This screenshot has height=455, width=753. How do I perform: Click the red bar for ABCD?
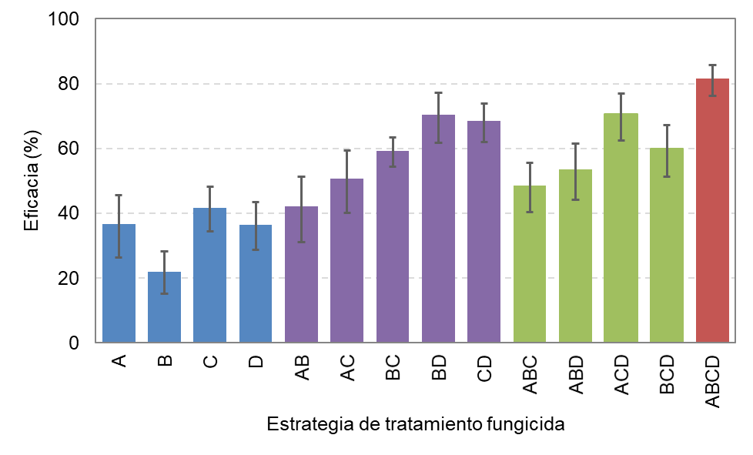(x=712, y=210)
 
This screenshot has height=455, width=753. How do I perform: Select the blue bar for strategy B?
(x=164, y=307)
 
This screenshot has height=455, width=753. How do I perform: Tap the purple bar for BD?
(x=438, y=229)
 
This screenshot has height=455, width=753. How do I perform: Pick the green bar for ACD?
(x=621, y=228)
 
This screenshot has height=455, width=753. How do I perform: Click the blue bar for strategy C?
(x=210, y=275)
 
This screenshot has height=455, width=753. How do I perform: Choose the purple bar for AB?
(x=301, y=275)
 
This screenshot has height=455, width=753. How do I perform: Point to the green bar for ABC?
(x=530, y=264)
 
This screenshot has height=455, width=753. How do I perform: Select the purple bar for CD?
(x=484, y=232)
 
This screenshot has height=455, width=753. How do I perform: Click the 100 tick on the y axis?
(x=63, y=19)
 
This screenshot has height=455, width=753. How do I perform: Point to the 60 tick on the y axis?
(x=69, y=149)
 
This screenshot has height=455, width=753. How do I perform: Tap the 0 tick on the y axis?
(x=74, y=343)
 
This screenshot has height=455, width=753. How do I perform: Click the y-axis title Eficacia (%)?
(x=32, y=180)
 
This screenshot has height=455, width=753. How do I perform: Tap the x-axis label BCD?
(x=667, y=375)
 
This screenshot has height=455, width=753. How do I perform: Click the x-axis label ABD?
(x=576, y=375)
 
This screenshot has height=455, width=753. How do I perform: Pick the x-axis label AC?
(x=347, y=368)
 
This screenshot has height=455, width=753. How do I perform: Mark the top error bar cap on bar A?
(x=119, y=195)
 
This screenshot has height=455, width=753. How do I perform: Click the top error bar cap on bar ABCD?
(x=713, y=65)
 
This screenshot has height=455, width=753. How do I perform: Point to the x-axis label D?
(x=256, y=362)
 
